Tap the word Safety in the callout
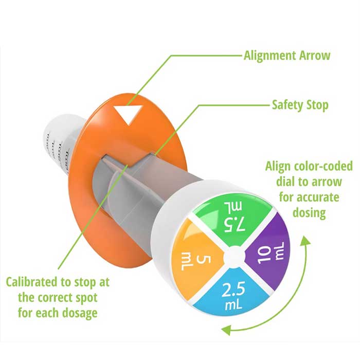coord(287,105)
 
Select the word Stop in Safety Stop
coord(317,105)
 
